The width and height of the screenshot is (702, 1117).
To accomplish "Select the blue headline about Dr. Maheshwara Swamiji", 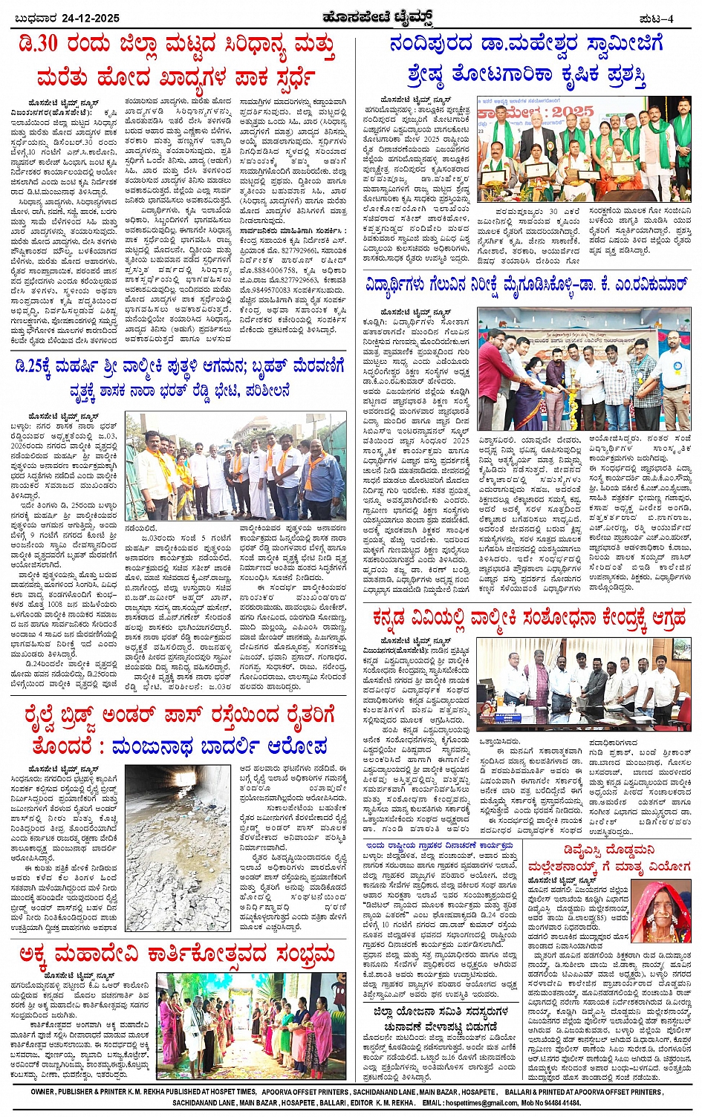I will (x=526, y=59).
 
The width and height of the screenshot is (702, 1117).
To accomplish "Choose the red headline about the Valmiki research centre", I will (x=530, y=618).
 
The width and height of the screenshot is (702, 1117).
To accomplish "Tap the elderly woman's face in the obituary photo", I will (x=658, y=900).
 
